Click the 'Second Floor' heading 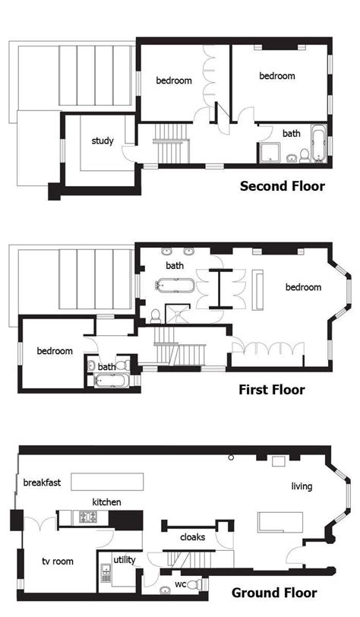coord(283,186)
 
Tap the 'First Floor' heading coord(272,390)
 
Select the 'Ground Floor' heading coord(274,593)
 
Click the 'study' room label coord(103,141)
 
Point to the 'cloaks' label coord(192,537)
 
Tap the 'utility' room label coord(125,560)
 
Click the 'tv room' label coord(58,562)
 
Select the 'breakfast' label coord(42,483)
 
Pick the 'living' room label coord(302,486)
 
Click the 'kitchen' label coord(106,502)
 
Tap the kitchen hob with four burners coord(88,517)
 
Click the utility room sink coord(106,573)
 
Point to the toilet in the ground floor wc coord(194,584)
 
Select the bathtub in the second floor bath coord(318,144)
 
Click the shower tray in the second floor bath coord(269,153)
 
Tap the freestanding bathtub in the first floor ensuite coord(175,285)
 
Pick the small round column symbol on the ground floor coord(232,457)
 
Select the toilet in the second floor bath coord(305,157)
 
